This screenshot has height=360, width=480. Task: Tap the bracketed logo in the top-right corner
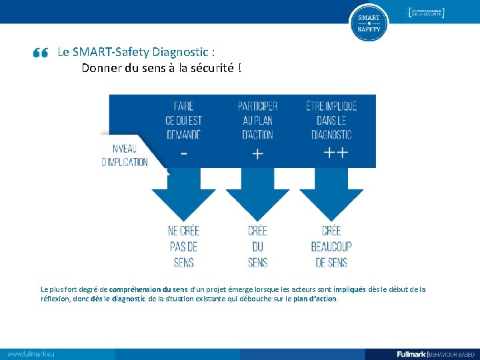426,13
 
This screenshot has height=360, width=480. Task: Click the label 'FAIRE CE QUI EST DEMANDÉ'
183,120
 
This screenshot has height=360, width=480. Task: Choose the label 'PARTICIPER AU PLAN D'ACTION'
257,120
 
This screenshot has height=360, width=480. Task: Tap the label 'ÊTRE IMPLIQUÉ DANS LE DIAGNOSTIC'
331,120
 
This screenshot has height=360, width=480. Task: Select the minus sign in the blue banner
184,153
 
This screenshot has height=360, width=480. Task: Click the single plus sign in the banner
257,153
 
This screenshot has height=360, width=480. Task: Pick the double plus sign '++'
335,153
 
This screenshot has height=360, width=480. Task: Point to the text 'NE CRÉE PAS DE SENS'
184,246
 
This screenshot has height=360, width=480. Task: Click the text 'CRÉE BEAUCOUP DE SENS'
331,246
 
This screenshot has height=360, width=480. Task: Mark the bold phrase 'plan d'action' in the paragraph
315,299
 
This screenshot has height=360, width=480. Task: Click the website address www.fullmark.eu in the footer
31,353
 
